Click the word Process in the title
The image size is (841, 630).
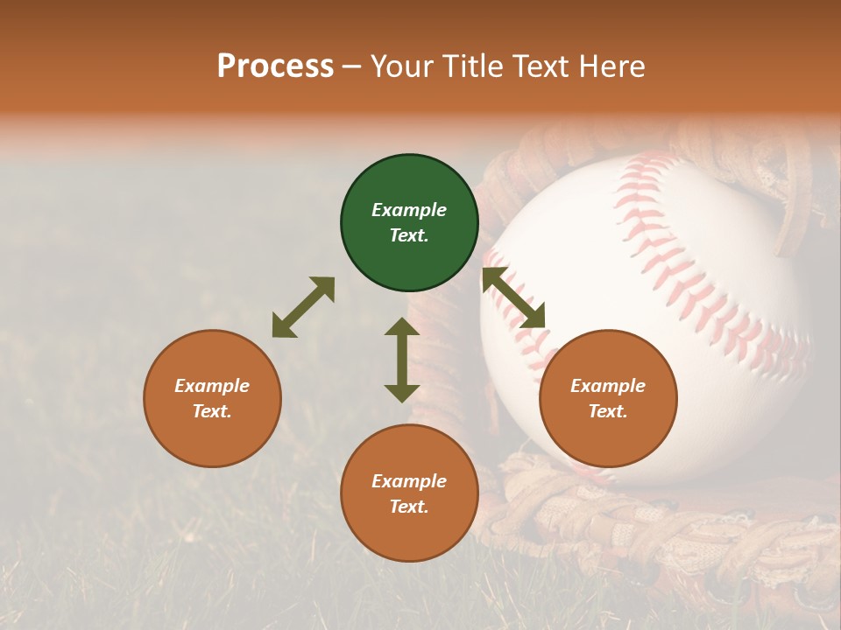click(x=275, y=66)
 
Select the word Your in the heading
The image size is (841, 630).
click(x=401, y=66)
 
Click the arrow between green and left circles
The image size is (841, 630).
click(x=303, y=307)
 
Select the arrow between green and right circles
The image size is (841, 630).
click(x=513, y=297)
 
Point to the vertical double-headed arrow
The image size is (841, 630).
click(x=402, y=360)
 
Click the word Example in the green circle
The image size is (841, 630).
click(x=409, y=210)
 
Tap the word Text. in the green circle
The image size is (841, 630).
click(x=409, y=235)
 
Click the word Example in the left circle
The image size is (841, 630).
click(x=212, y=386)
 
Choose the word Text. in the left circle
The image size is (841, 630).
click(x=212, y=411)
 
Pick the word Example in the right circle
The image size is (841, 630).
click(x=608, y=386)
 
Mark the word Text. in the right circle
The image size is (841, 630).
click(x=608, y=411)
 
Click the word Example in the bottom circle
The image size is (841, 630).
click(x=409, y=481)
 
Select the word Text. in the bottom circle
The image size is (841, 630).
click(x=409, y=507)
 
